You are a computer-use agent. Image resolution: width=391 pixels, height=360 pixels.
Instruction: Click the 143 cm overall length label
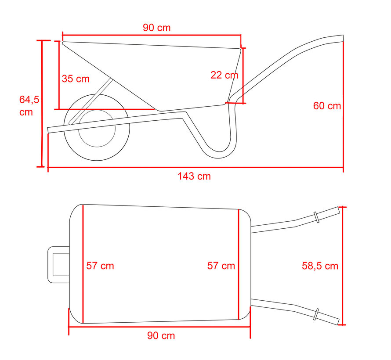point(194,176)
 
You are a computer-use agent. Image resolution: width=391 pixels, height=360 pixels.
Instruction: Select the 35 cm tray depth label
point(76,79)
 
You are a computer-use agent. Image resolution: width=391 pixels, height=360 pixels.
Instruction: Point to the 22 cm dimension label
point(224,75)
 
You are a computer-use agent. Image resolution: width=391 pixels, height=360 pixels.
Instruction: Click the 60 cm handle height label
point(327,106)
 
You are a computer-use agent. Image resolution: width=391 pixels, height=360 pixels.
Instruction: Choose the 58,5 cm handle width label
point(320,266)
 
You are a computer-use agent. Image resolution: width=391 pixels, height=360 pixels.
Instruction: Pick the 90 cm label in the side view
point(156,28)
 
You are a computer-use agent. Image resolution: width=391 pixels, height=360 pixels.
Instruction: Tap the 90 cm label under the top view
point(161,336)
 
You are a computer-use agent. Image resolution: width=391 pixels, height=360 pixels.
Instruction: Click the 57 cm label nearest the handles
point(221,266)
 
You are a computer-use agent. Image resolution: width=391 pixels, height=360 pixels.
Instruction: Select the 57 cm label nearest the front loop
point(100,266)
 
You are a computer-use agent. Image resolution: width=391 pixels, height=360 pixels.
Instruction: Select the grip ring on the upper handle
point(316,217)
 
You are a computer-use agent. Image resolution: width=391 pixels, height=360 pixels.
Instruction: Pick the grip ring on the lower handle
point(316,315)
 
